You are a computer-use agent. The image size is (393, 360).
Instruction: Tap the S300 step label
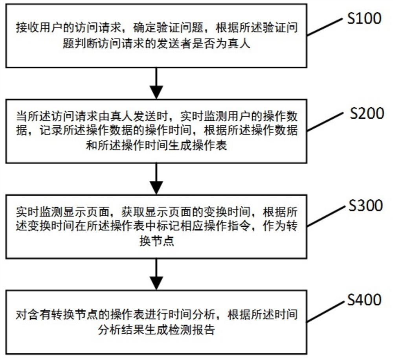364,205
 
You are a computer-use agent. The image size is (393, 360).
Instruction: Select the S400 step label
364,300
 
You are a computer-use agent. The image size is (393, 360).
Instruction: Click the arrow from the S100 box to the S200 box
156,83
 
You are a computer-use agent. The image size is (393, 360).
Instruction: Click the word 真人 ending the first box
248,44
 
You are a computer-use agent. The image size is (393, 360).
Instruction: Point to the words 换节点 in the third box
157,242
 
